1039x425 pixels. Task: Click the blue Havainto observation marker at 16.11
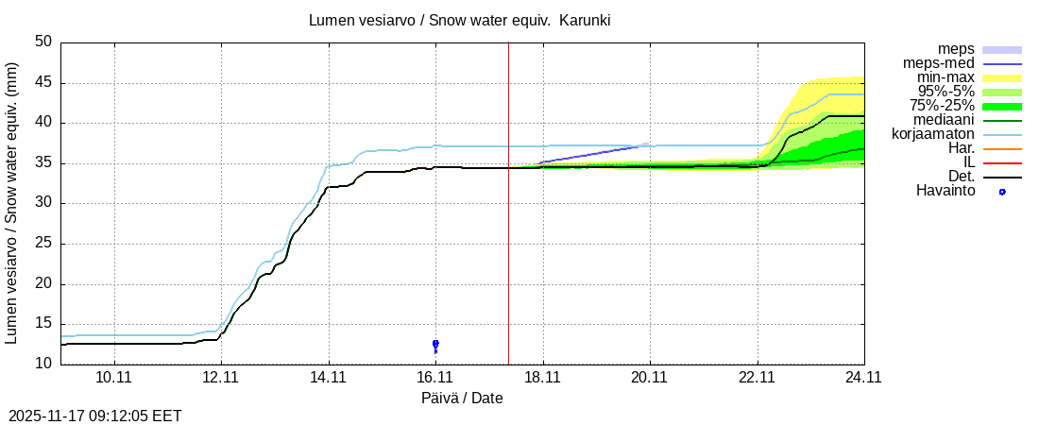coord(435,344)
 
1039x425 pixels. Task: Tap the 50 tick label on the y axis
coord(43,42)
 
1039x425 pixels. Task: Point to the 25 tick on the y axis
coord(43,244)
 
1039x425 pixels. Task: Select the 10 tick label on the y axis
coord(43,365)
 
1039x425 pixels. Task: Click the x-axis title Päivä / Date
coord(462,399)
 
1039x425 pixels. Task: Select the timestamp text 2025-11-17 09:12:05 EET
coord(95,416)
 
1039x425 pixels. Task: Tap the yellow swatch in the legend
coord(1002,77)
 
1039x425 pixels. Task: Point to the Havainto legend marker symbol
coord(1002,192)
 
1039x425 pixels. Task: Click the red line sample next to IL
coord(1002,162)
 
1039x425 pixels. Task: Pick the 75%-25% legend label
coord(942,106)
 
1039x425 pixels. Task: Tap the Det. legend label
coord(961,177)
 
